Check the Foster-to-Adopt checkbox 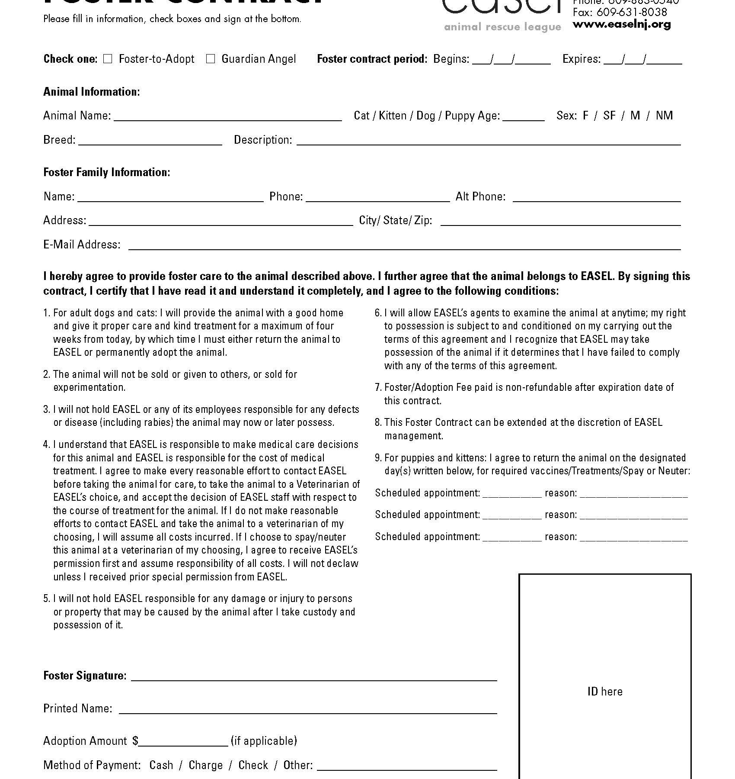click(x=108, y=59)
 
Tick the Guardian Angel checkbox click(x=211, y=59)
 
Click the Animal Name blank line click(x=227, y=117)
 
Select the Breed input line click(x=150, y=141)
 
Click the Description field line click(x=489, y=141)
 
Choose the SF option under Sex click(x=609, y=116)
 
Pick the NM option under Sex click(x=664, y=116)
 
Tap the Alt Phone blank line click(x=597, y=198)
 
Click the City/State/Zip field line click(x=561, y=222)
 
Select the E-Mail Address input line click(x=405, y=246)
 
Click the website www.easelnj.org click(x=622, y=24)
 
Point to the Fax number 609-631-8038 click(x=620, y=12)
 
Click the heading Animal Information click(x=92, y=92)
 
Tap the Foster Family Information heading click(x=107, y=172)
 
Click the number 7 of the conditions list click(x=377, y=387)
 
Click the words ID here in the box click(x=605, y=692)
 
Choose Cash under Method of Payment click(x=161, y=765)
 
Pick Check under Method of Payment click(x=253, y=765)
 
